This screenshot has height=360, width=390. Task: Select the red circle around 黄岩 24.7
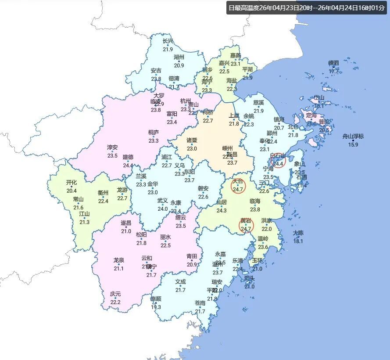(246, 225)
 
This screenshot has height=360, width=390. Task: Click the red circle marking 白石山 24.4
(278, 160)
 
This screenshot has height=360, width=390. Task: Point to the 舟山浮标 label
(353, 136)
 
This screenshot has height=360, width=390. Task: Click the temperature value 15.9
(353, 144)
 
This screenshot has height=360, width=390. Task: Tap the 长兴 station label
(168, 41)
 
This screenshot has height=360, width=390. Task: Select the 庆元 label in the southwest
(115, 294)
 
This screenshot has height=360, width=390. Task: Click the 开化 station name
(72, 182)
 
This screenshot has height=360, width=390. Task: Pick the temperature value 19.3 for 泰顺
(156, 307)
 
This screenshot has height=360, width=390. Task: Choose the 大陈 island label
(298, 233)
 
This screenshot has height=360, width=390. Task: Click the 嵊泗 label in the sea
(334, 63)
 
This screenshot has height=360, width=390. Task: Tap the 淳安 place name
(112, 147)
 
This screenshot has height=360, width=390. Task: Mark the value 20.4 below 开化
(72, 191)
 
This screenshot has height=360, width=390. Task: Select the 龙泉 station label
(119, 260)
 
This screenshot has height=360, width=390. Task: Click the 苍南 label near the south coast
(200, 303)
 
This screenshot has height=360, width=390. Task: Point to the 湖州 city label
(179, 57)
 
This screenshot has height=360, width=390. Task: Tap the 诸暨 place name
(192, 140)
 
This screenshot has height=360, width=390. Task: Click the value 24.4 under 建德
(128, 165)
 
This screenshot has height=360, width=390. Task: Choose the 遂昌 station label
(126, 223)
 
